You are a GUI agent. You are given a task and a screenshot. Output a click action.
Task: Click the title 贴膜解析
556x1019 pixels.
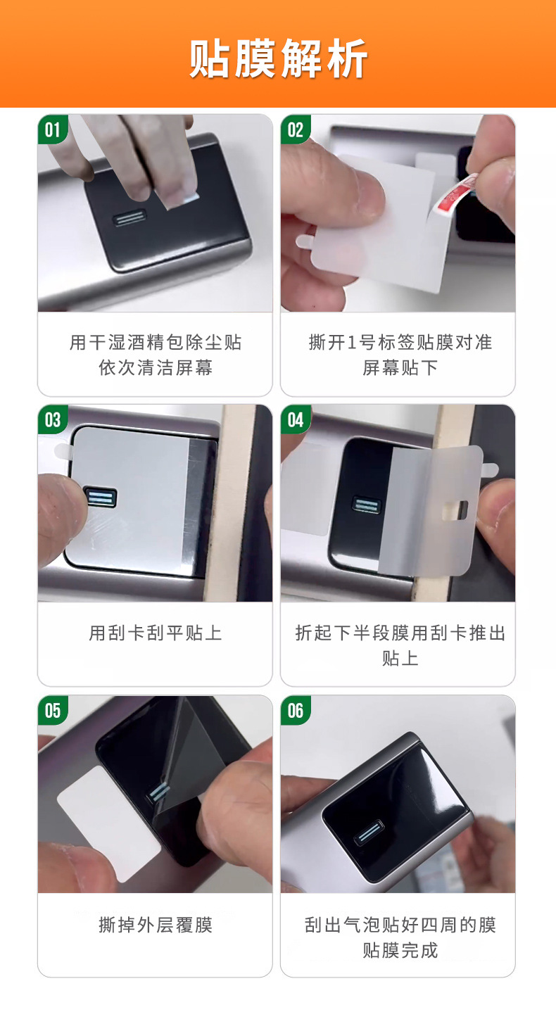pyautogui.click(x=278, y=58)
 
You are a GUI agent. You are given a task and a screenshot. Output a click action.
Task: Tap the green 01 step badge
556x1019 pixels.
pyautogui.click(x=52, y=129)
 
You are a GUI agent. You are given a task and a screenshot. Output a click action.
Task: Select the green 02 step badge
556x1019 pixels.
pyautogui.click(x=296, y=129)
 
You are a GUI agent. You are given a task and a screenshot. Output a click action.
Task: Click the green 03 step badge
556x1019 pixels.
pyautogui.click(x=52, y=419)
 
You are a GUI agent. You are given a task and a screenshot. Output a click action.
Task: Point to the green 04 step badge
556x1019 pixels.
pyautogui.click(x=296, y=419)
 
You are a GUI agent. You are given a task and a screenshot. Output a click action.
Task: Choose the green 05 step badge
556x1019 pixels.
pyautogui.click(x=52, y=710)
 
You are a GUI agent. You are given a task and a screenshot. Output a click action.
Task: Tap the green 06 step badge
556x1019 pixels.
pyautogui.click(x=296, y=710)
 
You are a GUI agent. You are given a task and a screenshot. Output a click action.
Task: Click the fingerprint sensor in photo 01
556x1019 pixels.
pyautogui.click(x=129, y=218)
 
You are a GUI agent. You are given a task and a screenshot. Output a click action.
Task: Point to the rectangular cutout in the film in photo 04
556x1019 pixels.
pyautogui.click(x=455, y=510)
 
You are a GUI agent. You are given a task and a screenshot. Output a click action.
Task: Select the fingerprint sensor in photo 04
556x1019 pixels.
pyautogui.click(x=367, y=505)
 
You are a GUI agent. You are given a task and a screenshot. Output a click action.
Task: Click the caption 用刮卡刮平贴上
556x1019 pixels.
pyautogui.click(x=155, y=633)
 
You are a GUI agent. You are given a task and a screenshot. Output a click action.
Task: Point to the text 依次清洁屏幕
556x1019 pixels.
pyautogui.click(x=155, y=367)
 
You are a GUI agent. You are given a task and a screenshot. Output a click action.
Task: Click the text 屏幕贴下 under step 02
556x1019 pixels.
pyautogui.click(x=400, y=367)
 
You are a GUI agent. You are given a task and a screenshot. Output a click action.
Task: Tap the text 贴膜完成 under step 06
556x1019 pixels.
pyautogui.click(x=400, y=950)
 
